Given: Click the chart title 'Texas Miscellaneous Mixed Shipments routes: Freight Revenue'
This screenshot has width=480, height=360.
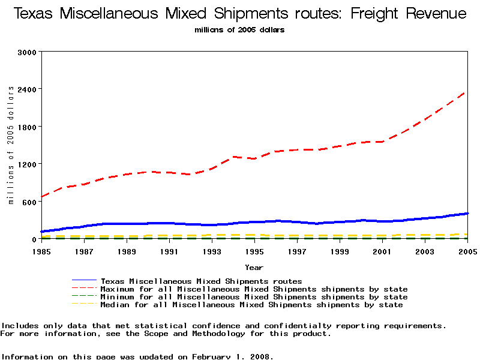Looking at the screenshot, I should [239, 13].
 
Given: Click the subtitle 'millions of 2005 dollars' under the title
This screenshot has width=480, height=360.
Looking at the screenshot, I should [239, 30].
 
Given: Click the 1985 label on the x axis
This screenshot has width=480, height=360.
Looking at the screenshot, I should [42, 251].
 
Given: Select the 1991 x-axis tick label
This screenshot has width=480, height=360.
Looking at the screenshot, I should [169, 251].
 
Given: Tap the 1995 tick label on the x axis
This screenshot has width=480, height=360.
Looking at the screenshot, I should [254, 251].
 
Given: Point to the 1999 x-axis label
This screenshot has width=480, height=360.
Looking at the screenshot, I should [340, 251].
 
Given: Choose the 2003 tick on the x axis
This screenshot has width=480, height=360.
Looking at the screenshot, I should [425, 251].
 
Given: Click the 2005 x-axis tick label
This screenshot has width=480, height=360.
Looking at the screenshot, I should [467, 251].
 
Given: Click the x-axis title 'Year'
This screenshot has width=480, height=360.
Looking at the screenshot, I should [254, 267].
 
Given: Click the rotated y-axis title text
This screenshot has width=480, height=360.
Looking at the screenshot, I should [11, 145].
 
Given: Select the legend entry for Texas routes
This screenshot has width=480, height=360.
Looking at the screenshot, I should [201, 281].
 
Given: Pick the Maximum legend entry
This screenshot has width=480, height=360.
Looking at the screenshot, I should [254, 289].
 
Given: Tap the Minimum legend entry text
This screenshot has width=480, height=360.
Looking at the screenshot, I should [254, 297].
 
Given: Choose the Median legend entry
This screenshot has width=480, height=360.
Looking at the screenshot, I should [251, 305].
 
